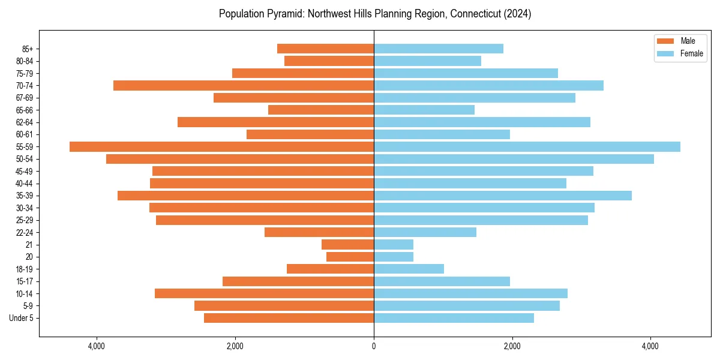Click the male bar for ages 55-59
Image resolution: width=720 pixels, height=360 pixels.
(x=221, y=147)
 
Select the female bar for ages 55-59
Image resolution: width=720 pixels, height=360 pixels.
(x=527, y=147)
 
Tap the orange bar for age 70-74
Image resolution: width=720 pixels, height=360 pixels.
(x=243, y=86)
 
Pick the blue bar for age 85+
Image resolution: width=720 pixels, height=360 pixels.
(x=438, y=49)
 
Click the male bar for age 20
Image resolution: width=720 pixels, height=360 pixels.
(x=350, y=257)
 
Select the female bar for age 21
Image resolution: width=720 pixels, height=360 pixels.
(x=394, y=245)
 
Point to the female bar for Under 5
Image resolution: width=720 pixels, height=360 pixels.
(x=454, y=318)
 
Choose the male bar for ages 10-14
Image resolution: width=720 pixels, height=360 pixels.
(x=264, y=293)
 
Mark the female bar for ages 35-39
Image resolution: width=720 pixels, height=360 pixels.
(x=502, y=196)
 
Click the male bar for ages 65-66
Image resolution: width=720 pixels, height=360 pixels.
(x=321, y=110)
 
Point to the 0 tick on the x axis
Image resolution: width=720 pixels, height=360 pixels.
(x=374, y=346)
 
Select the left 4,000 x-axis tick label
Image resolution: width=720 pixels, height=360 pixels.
(x=97, y=346)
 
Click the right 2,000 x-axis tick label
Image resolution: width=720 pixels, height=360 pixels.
(x=512, y=346)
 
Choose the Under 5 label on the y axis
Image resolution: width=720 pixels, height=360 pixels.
(x=22, y=318)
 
